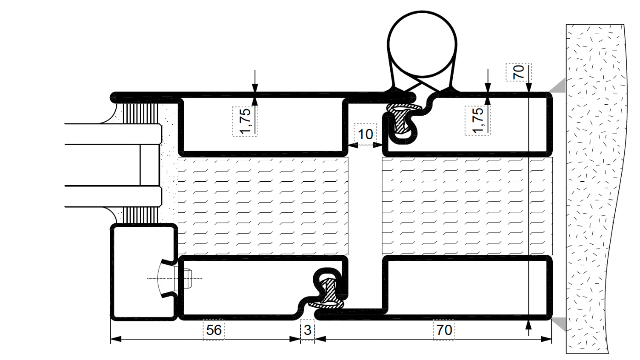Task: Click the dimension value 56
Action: [x=214, y=330]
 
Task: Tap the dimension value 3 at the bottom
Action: [x=308, y=330]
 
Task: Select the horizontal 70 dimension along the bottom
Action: [x=444, y=330]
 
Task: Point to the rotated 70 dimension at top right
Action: [x=518, y=72]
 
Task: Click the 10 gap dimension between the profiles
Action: [x=365, y=134]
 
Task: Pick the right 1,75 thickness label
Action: [x=477, y=120]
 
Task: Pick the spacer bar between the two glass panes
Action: [x=151, y=165]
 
